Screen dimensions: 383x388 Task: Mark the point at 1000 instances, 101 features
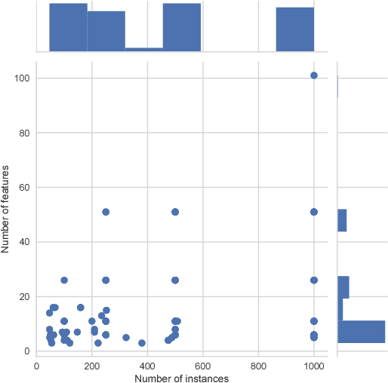(314, 75)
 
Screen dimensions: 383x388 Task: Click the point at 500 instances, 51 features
(175, 212)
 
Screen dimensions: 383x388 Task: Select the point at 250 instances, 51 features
(106, 212)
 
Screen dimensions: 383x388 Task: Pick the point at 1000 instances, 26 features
(314, 280)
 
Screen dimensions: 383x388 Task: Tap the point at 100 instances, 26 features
(64, 280)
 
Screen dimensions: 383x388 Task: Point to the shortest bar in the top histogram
(144, 50)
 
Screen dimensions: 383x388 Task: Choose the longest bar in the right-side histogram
(361, 332)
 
